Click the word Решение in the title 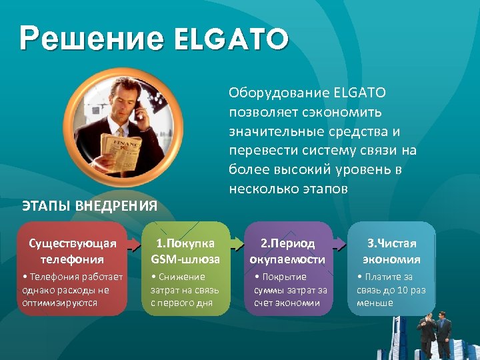click(x=91, y=39)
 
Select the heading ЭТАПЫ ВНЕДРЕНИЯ click(x=90, y=205)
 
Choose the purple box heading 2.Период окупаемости click(x=287, y=251)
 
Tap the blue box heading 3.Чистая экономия click(x=391, y=251)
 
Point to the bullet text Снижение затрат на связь click(x=181, y=289)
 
